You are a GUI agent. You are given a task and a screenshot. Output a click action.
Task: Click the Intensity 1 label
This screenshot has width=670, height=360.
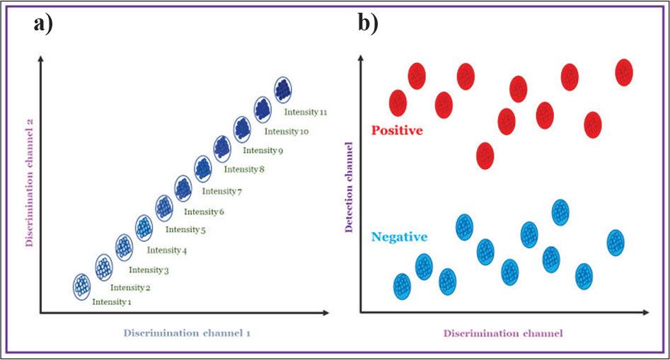[112, 302]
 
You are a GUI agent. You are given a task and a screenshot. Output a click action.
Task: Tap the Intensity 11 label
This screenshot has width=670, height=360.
[306, 112]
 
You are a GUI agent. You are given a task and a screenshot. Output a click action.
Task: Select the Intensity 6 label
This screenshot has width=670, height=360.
[204, 211]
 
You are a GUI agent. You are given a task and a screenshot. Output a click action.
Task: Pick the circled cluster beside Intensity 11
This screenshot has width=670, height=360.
[283, 90]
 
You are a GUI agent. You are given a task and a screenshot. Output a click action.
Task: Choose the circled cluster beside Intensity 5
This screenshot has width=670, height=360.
[144, 227]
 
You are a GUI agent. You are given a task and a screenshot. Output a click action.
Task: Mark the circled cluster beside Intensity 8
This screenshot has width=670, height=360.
[203, 168]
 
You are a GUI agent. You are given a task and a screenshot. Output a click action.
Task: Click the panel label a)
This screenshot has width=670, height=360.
[43, 23]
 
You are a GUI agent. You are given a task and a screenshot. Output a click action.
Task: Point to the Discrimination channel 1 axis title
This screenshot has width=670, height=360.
[187, 332]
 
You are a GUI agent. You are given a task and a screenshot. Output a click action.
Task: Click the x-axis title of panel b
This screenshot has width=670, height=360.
[503, 332]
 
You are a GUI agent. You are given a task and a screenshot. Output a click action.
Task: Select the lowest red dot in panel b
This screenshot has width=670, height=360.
[485, 155]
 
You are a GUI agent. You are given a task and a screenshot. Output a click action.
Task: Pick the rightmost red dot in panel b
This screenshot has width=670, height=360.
[623, 71]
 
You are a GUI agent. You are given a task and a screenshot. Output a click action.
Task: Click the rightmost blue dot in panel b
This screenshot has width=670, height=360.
[616, 242]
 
